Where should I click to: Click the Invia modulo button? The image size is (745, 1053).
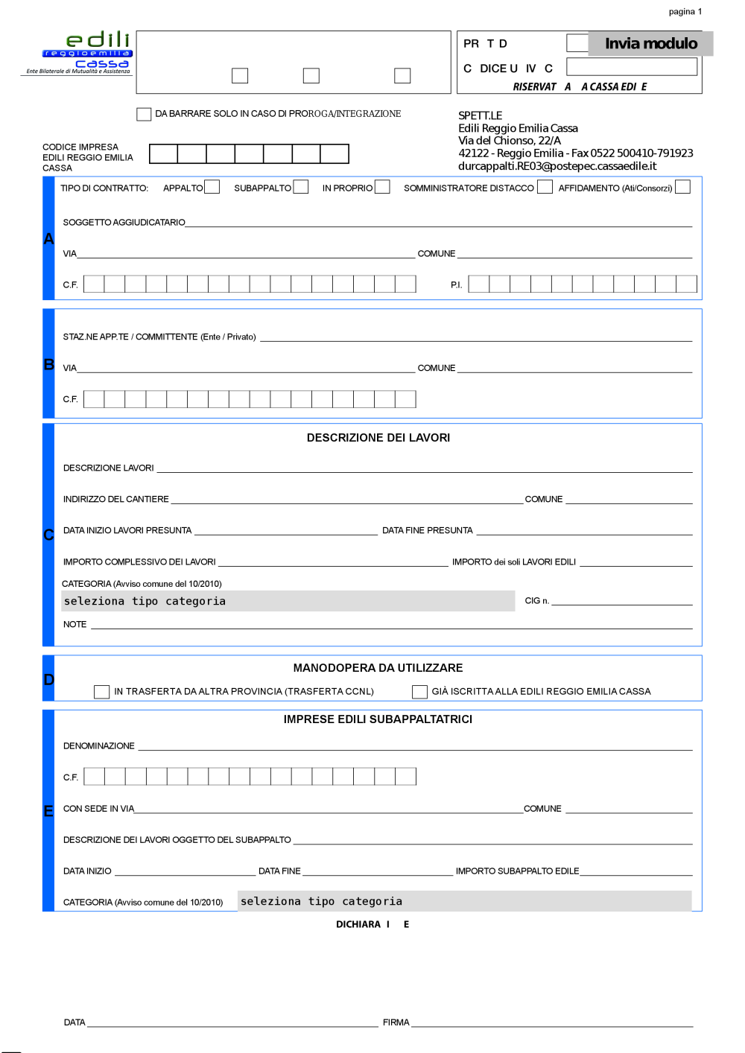click(x=650, y=43)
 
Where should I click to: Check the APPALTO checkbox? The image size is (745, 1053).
click(x=212, y=187)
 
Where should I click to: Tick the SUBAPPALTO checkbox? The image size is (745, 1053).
click(x=301, y=187)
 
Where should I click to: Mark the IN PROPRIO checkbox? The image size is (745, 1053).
click(x=382, y=187)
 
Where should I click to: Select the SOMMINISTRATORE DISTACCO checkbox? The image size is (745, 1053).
click(x=545, y=187)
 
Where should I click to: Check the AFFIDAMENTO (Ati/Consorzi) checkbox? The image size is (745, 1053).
click(x=682, y=187)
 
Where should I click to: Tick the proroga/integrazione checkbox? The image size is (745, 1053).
click(x=144, y=114)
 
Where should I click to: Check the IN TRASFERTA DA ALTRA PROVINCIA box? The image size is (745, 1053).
click(x=101, y=692)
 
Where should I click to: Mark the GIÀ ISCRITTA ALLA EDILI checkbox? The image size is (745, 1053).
click(x=419, y=692)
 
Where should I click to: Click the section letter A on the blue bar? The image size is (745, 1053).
click(x=48, y=239)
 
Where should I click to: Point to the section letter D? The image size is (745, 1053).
click(x=48, y=679)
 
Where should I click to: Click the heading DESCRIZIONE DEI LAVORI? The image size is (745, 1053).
click(x=378, y=438)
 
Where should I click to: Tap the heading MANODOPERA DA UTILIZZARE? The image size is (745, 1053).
click(x=378, y=668)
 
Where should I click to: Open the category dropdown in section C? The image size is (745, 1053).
click(x=288, y=601)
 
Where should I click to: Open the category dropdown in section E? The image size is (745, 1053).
click(x=464, y=901)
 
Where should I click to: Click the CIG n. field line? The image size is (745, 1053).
click(x=621, y=602)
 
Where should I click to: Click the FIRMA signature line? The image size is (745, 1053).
click(x=551, y=1023)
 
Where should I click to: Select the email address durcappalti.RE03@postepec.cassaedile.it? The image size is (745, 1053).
click(x=557, y=166)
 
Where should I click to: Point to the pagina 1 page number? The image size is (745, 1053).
click(x=685, y=12)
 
